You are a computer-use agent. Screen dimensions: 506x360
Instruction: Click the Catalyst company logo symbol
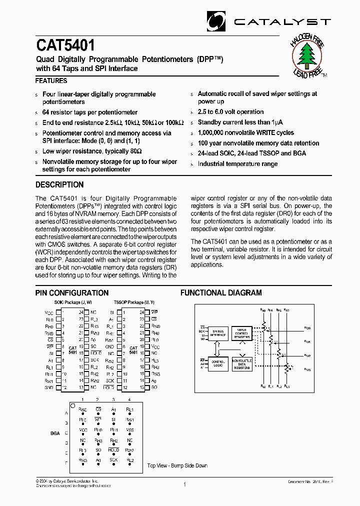coord(217,21)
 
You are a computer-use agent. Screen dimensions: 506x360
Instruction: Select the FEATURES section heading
coord(51,80)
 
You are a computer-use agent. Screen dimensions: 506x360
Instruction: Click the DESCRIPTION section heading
coord(59,184)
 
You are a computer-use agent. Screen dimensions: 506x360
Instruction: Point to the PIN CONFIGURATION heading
coord(72,293)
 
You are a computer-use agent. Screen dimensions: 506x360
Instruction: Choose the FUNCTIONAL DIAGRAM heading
coord(221,293)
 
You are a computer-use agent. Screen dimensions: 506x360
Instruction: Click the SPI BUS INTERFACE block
coord(218,333)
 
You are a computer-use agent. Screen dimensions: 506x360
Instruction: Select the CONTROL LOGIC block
coord(218,363)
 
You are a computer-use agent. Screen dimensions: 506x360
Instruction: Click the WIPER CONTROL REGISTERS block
coord(241,333)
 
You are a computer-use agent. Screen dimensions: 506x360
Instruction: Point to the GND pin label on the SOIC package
coord(49,387)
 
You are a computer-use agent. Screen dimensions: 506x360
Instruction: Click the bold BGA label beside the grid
coord(54,433)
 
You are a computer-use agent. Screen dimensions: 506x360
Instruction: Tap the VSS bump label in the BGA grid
coord(129,429)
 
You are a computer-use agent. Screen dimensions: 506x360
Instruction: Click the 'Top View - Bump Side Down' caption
coord(177,465)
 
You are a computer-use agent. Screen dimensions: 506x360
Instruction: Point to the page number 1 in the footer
coord(184,484)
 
